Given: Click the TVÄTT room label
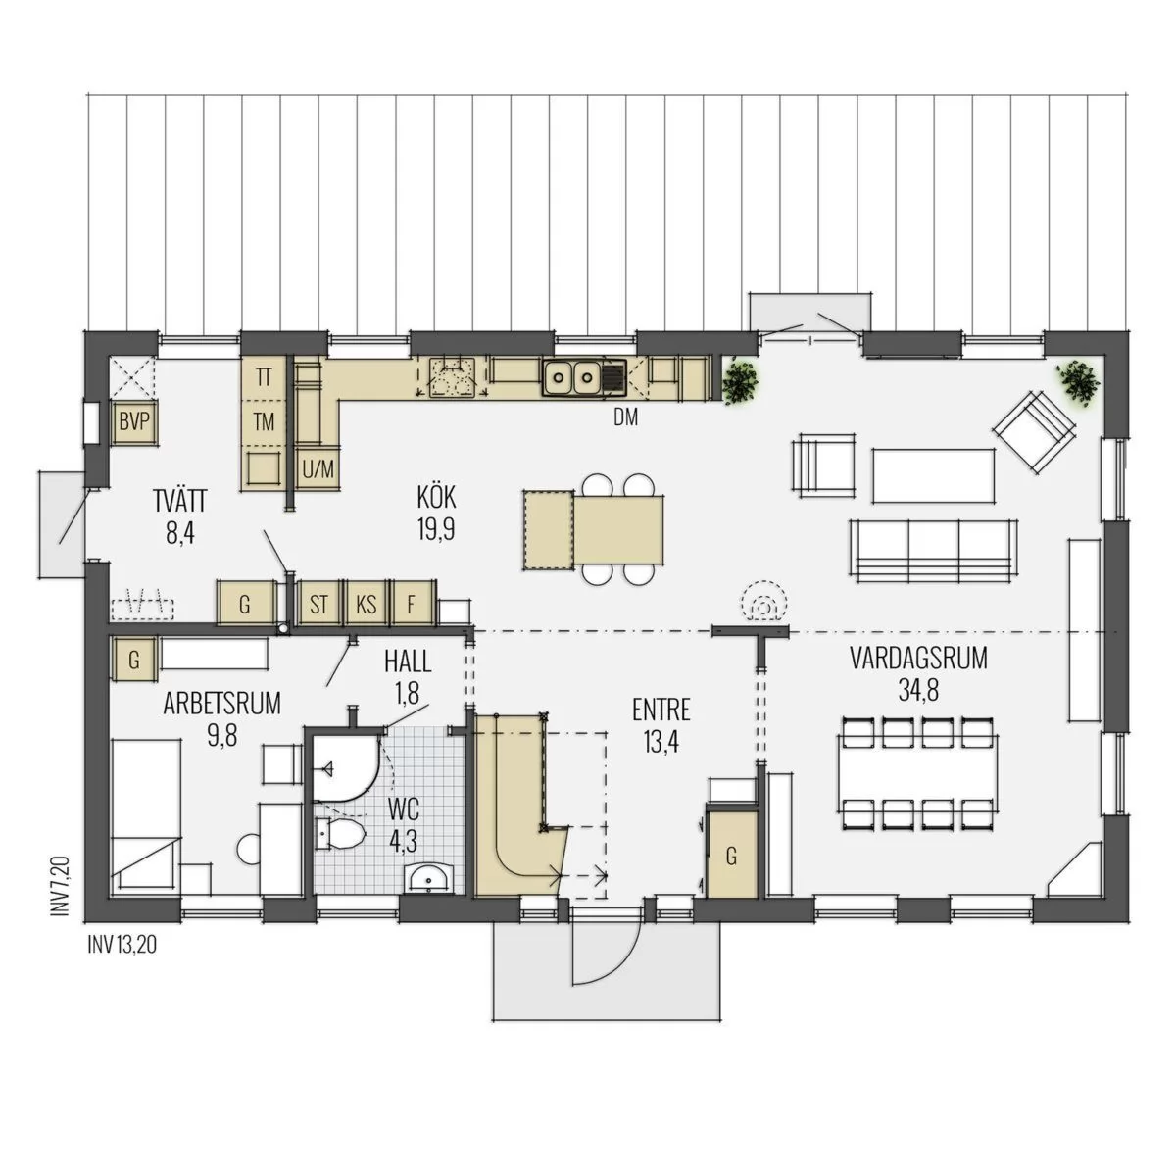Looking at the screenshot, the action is tap(180, 503).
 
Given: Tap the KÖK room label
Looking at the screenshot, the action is tap(436, 498).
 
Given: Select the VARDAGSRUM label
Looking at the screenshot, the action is tap(918, 660).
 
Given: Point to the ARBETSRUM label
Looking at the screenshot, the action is tap(222, 704).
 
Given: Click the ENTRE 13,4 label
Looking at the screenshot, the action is tap(661, 726).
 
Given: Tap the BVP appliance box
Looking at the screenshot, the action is tap(134, 422).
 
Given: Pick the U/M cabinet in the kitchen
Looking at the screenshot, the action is tap(318, 469).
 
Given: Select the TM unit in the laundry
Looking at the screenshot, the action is tap(264, 421).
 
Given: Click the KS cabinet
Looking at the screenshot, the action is tap(367, 605).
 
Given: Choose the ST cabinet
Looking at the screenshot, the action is tap(318, 605).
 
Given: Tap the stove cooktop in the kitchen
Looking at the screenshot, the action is tap(452, 377).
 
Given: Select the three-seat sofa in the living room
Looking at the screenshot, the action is tap(934, 551).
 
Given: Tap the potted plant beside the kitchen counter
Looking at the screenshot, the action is tap(740, 381).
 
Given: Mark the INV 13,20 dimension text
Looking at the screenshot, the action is tap(122, 946).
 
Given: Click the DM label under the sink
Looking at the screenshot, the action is tap(625, 417).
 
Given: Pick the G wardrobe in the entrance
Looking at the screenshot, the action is tap(732, 857).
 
